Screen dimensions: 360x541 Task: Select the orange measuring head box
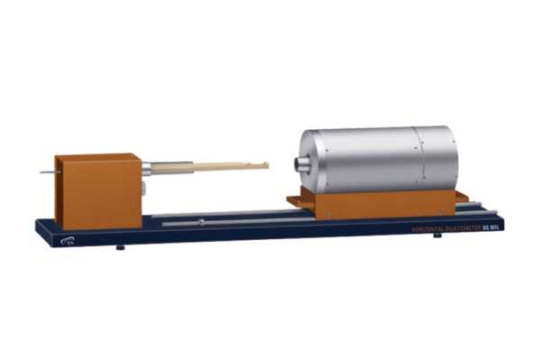(x=97, y=191)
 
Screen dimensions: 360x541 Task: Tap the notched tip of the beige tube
(x=265, y=164)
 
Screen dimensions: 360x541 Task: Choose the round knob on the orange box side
(x=144, y=188)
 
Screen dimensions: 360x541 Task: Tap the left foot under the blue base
(x=121, y=245)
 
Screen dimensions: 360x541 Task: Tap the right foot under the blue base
(x=437, y=235)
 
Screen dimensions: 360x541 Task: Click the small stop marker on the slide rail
(x=201, y=221)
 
